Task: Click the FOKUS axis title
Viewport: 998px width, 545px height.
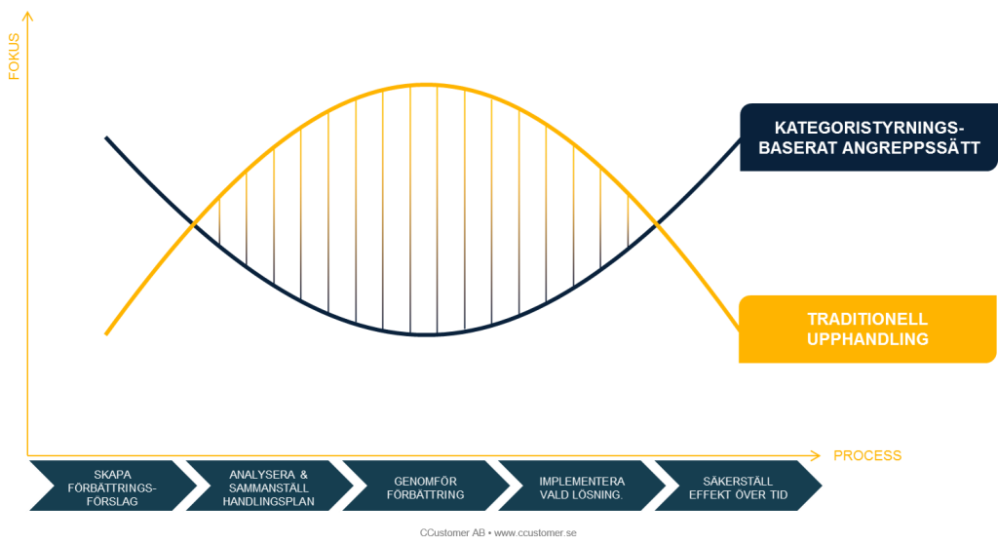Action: (14, 57)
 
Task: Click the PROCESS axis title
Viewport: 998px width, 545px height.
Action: (866, 456)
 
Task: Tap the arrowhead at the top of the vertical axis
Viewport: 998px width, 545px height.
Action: (27, 16)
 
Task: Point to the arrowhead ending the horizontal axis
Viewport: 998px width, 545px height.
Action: (816, 455)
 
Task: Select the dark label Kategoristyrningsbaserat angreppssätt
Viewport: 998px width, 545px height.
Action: (868, 137)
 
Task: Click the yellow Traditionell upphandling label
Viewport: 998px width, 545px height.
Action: (867, 330)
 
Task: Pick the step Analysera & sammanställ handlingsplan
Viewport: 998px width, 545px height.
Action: (269, 486)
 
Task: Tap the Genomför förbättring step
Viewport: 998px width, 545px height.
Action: (425, 486)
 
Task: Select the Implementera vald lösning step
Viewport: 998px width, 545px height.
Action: (581, 486)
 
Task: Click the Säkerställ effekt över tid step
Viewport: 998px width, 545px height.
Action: (738, 486)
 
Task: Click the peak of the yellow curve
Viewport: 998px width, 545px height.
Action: (425, 84)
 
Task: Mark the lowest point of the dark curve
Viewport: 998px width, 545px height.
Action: (425, 334)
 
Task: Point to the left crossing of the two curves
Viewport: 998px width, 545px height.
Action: (194, 223)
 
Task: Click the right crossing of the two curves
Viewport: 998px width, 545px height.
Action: (657, 223)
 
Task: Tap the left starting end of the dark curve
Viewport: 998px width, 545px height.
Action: (106, 137)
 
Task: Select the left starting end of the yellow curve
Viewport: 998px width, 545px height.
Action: (106, 333)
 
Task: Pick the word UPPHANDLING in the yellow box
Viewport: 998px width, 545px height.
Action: (867, 339)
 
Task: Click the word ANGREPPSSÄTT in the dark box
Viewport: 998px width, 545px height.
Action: (911, 148)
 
